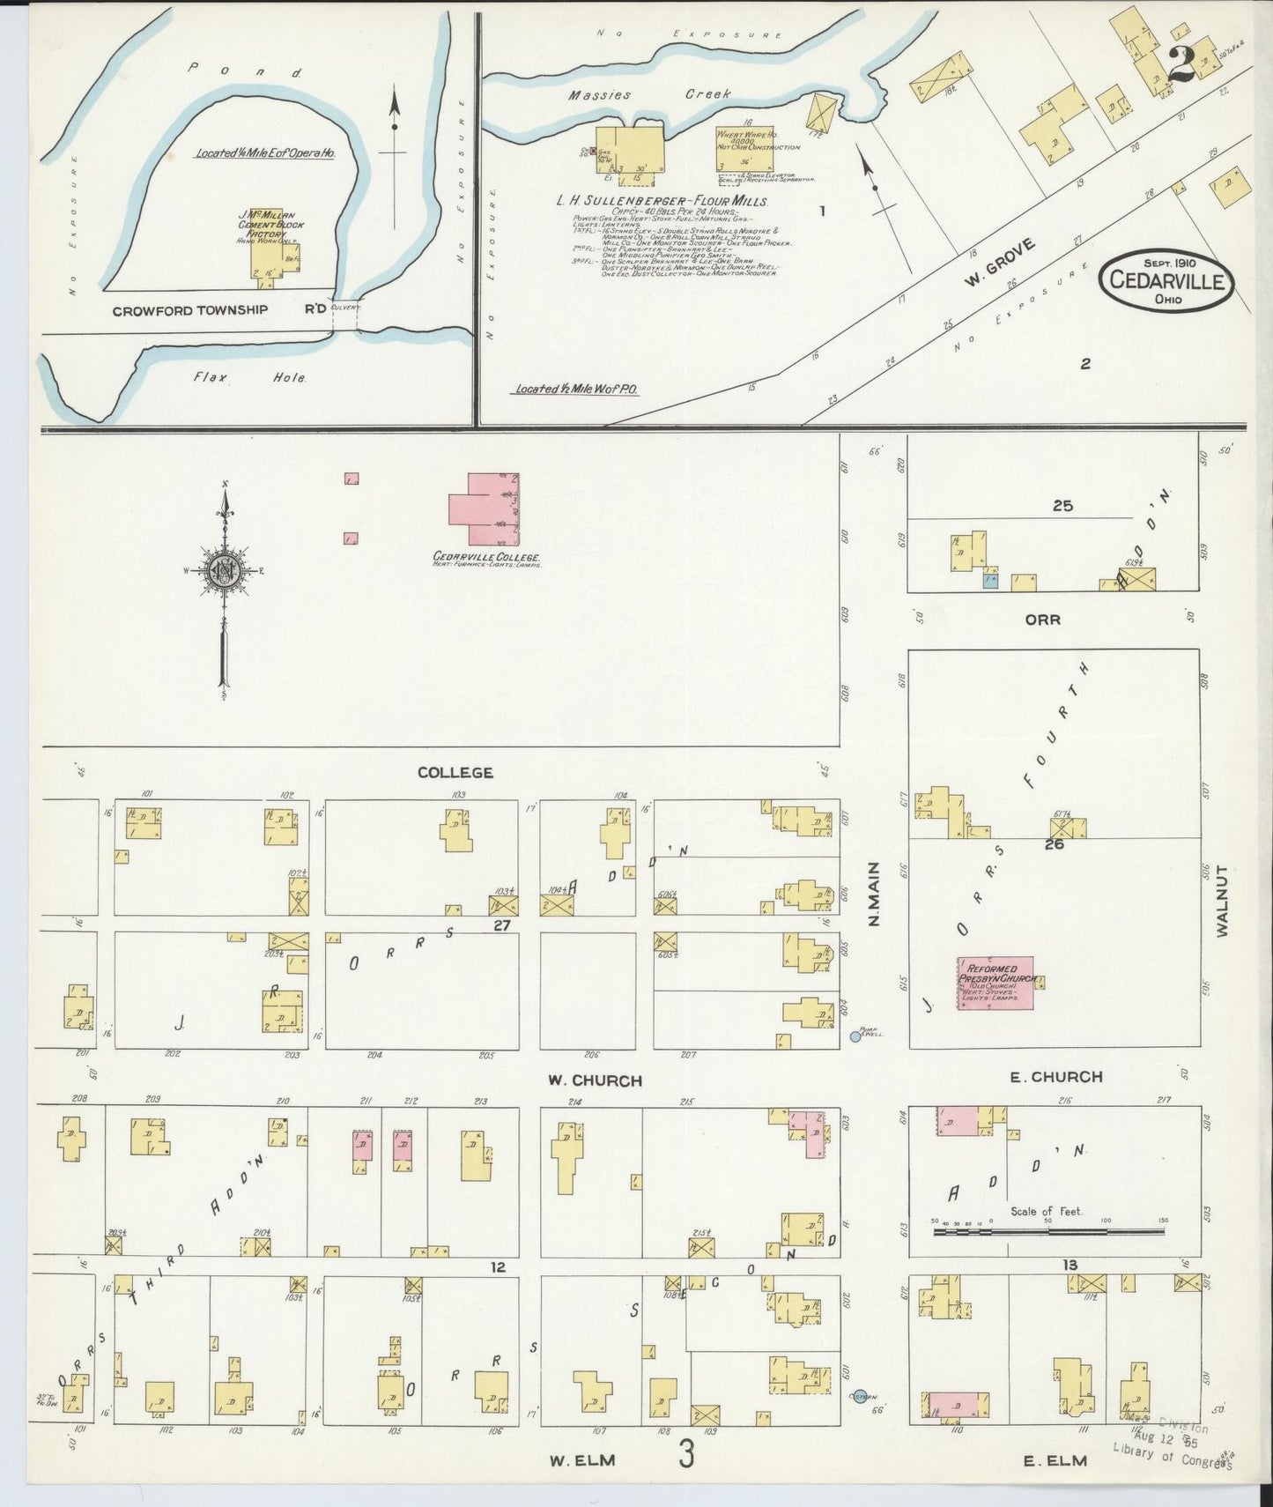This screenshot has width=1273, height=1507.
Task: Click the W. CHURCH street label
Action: (595, 1080)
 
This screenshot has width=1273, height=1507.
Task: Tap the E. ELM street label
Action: (1055, 1460)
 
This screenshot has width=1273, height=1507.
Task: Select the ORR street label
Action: (1042, 620)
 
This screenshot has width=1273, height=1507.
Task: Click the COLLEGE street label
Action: (455, 772)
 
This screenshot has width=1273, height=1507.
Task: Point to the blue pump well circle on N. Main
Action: (855, 1037)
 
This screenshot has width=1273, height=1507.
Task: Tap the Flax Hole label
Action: (252, 378)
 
